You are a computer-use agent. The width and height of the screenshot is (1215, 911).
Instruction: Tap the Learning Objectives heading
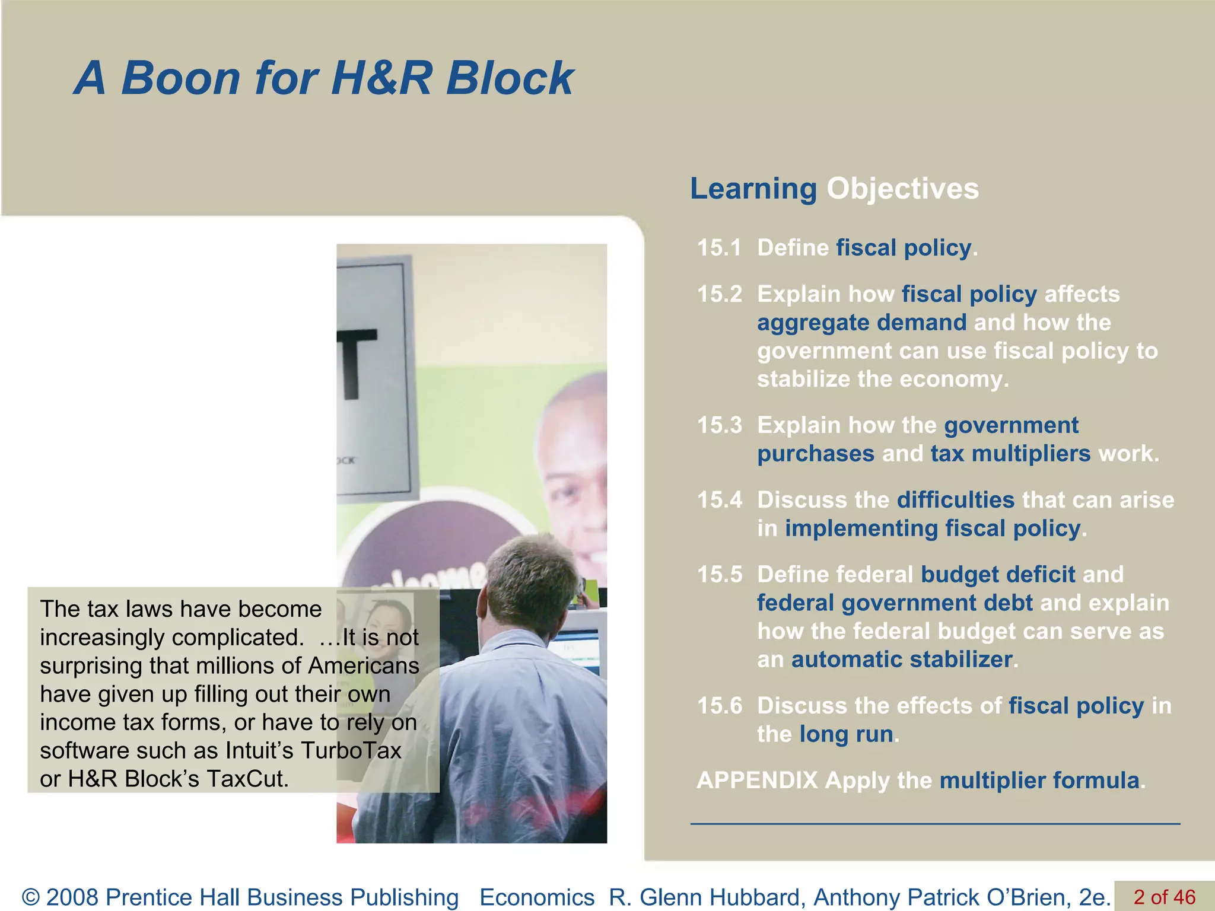[x=834, y=189]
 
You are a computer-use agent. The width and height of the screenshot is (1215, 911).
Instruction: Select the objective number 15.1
[x=719, y=248]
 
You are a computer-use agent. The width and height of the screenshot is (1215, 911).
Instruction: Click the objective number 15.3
[x=719, y=425]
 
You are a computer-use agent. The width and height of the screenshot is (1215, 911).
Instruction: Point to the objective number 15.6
[x=719, y=706]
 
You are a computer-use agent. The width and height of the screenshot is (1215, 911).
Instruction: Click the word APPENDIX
[x=757, y=781]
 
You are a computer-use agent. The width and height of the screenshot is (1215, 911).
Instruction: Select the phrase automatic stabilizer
[x=902, y=660]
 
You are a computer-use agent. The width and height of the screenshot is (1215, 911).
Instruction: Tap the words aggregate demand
[x=861, y=323]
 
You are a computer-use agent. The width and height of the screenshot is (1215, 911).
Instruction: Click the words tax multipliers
[x=1010, y=454]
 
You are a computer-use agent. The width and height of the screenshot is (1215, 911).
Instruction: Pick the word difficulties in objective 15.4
[x=955, y=500]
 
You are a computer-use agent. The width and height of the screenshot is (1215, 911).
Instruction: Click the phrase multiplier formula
[x=1039, y=781]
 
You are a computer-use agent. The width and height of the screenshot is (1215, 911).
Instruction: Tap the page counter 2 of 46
[x=1164, y=897]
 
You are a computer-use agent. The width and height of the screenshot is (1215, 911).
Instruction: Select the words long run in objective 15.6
[x=846, y=734]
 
